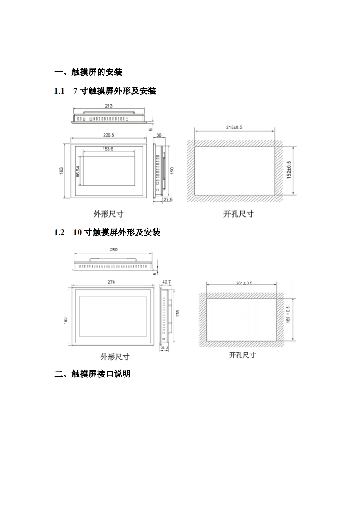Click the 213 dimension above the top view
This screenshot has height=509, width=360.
click(x=108, y=106)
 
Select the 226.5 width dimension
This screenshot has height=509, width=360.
click(x=108, y=135)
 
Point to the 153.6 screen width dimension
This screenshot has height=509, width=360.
click(x=108, y=149)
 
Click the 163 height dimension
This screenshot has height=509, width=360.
click(x=61, y=170)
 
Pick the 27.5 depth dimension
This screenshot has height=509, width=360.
click(x=168, y=200)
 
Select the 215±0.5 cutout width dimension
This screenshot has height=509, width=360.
click(x=234, y=127)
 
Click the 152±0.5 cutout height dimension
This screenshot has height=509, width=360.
click(x=289, y=170)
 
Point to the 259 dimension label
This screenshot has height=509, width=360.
click(x=114, y=250)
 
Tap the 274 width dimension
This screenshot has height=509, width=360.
click(x=111, y=282)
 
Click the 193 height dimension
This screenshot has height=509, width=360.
click(x=65, y=321)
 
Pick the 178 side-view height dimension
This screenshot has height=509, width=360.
click(x=178, y=313)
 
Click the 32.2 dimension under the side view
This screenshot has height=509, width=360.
click(x=164, y=347)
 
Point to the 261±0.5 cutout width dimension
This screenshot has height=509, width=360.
click(x=244, y=283)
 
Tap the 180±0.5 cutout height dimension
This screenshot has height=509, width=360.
click(x=288, y=314)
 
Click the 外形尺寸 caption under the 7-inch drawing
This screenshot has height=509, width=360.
click(x=108, y=214)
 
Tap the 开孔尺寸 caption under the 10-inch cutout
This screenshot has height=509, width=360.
click(x=242, y=355)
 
